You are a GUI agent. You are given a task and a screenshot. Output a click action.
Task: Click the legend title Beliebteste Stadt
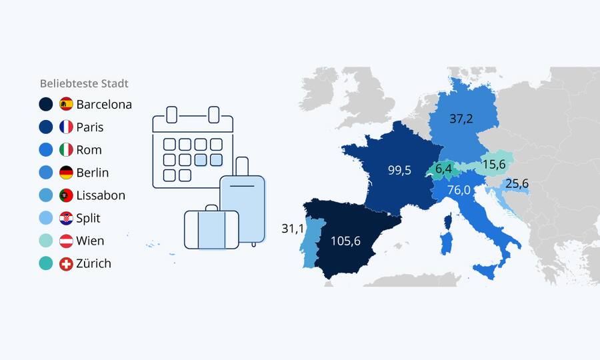[84, 84]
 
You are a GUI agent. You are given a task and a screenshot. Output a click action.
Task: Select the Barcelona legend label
[104, 105]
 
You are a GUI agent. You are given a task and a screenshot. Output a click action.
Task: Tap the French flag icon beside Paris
[66, 127]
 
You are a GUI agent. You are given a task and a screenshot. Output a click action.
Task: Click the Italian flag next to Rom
[66, 150]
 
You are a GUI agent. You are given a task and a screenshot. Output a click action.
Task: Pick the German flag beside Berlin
[66, 173]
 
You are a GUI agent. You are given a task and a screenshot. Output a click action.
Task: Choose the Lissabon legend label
[101, 195]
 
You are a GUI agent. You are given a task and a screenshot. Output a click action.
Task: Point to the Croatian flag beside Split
[66, 218]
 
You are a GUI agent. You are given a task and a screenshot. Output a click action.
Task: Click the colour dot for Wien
[46, 241]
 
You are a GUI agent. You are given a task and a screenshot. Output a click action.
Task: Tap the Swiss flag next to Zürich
[66, 263]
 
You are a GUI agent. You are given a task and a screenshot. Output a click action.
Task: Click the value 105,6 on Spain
[345, 241]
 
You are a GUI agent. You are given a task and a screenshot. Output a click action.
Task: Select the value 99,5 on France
[399, 170]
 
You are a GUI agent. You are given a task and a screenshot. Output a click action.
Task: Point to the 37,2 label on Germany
[461, 119]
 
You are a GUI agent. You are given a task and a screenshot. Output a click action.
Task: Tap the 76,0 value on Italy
[460, 190]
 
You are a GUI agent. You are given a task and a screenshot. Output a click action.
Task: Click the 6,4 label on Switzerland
[444, 169]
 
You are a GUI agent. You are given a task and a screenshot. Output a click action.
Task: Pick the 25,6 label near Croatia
[517, 183]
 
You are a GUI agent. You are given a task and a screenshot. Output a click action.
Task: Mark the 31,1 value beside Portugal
[293, 229]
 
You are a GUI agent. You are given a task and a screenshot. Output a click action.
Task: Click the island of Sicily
[485, 271]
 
